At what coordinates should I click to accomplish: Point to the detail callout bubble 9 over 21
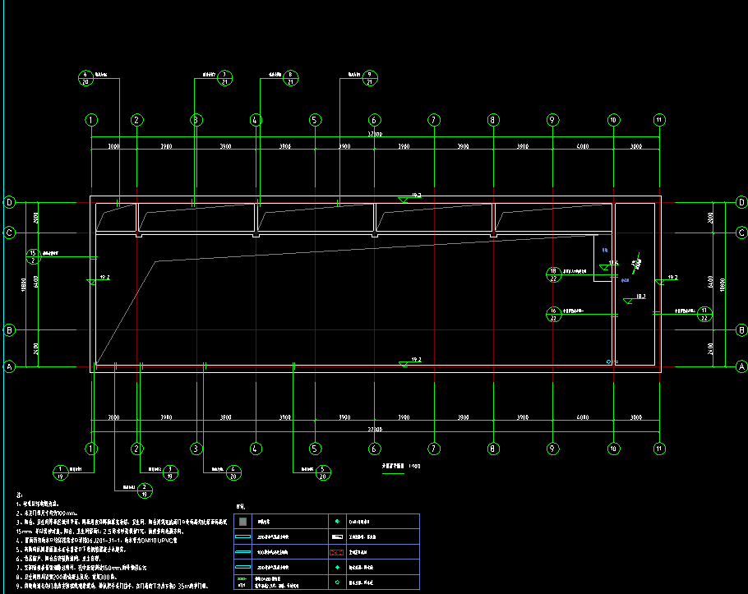pos(370,79)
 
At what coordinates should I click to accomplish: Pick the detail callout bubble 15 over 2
pos(33,256)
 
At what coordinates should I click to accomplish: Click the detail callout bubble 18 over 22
pos(554,274)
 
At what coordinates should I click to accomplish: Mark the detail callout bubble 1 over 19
pos(60,472)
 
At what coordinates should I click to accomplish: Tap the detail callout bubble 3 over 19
pos(169,472)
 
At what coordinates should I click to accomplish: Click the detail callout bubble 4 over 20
pos(233,472)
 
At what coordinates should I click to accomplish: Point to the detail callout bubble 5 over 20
pos(324,472)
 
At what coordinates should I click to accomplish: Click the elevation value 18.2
pos(640,295)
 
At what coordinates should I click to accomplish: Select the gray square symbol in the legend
pos(242,521)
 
